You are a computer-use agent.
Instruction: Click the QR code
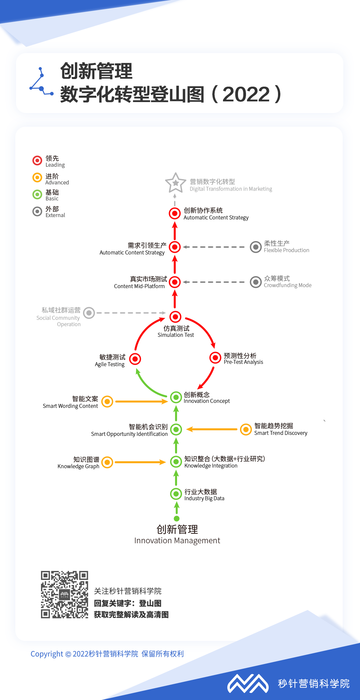pyautogui.click(x=64, y=594)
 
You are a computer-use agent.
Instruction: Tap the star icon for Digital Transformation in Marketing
pyautogui.click(x=175, y=183)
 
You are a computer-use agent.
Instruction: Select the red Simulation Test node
pyautogui.click(x=175, y=316)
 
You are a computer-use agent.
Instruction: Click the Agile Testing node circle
pyautogui.click(x=135, y=359)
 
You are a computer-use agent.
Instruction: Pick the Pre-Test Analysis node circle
pyautogui.click(x=215, y=358)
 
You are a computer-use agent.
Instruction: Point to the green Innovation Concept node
pyautogui.click(x=176, y=397)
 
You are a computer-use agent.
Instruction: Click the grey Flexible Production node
pyautogui.click(x=256, y=247)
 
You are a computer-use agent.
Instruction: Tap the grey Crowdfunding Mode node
pyautogui.click(x=256, y=282)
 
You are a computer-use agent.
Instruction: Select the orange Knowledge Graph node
pyautogui.click(x=107, y=462)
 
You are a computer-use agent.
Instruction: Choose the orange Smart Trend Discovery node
pyautogui.click(x=246, y=429)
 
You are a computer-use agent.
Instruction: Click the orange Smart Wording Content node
pyautogui.click(x=107, y=402)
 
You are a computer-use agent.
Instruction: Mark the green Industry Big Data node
pyautogui.click(x=176, y=494)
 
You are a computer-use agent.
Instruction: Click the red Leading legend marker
pyautogui.click(x=37, y=160)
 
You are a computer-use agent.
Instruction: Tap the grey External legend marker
pyautogui.click(x=37, y=211)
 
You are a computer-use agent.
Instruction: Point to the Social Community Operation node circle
pyautogui.click(x=89, y=313)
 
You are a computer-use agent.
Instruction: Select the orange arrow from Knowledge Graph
pyautogui.click(x=140, y=462)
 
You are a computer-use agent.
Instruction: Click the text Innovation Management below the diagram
pyautogui.click(x=177, y=540)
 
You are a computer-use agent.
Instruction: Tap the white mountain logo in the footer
pyautogui.click(x=248, y=684)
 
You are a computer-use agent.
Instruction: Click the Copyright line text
pyautogui.click(x=107, y=654)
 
